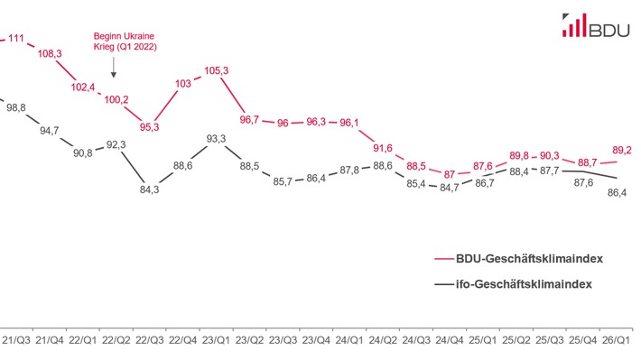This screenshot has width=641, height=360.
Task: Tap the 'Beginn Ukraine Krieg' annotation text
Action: [x=125, y=42]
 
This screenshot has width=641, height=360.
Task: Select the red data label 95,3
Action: [x=150, y=127]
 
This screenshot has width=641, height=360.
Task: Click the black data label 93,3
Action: [x=217, y=138]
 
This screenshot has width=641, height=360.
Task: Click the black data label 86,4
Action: [x=618, y=192]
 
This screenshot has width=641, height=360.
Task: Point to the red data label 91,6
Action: [x=382, y=148]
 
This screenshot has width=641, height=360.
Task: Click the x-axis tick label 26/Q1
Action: [x=617, y=340]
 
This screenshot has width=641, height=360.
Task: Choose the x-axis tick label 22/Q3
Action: [x=150, y=340]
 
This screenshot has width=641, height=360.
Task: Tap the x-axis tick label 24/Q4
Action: [x=451, y=340]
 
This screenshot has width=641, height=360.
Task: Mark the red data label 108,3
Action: [x=51, y=54]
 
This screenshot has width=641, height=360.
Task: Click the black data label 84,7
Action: [x=449, y=187]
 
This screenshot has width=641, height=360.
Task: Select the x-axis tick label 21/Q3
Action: [x=16, y=340]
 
